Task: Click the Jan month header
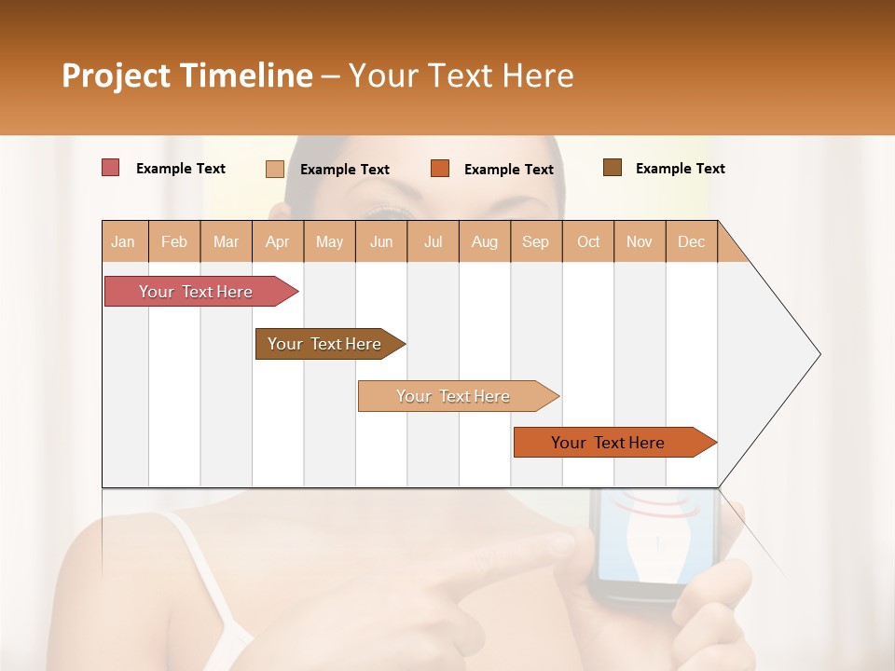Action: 124,241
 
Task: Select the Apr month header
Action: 277,241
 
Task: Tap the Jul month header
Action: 433,241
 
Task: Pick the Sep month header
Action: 535,241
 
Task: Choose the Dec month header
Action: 691,241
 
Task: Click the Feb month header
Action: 174,241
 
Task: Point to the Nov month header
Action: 640,241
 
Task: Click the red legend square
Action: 110,168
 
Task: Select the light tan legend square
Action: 274,169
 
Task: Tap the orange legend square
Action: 440,169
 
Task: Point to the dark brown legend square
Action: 612,168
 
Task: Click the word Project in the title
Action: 115,75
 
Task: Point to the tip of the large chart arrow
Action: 819,354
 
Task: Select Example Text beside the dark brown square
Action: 680,168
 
